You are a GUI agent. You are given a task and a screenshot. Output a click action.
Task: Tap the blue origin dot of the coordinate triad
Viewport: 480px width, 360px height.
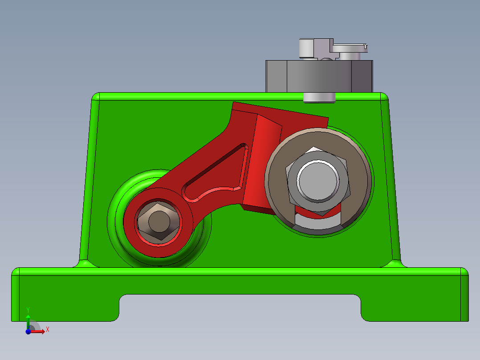tap(28, 331)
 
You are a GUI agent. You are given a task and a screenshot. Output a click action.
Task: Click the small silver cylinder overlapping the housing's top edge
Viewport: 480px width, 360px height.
tap(319, 97)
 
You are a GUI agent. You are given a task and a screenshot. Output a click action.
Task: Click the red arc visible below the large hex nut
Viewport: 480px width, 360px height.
tap(318, 212)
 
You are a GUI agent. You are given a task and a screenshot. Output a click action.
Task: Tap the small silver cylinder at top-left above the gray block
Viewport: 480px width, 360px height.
tap(306, 48)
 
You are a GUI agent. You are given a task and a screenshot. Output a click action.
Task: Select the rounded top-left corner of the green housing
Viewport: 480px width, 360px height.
tap(95, 97)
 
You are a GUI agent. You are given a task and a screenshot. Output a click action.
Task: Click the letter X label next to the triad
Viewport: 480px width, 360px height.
tap(47, 329)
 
